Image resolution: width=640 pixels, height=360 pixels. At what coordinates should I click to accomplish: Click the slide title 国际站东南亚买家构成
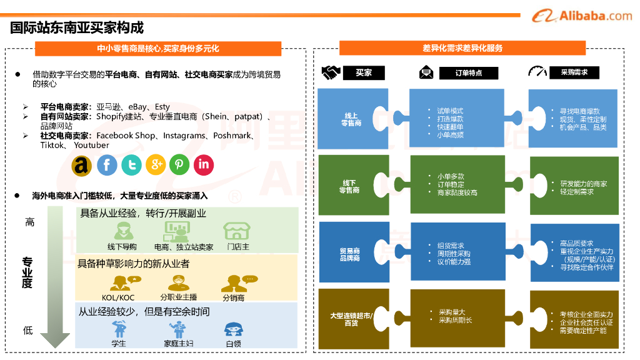tap(77, 27)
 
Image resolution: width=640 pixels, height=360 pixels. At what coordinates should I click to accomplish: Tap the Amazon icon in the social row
tap(82, 165)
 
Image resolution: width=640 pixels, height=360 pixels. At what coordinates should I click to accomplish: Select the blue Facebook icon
tap(107, 165)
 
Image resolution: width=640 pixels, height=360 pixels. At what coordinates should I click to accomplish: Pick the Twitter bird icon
tap(131, 165)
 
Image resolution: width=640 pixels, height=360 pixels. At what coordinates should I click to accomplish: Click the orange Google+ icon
tap(156, 165)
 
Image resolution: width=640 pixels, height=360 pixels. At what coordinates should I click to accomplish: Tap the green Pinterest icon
tap(179, 165)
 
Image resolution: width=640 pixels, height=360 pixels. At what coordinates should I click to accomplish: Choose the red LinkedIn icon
tap(204, 165)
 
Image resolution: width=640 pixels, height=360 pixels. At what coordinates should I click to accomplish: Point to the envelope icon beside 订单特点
tap(427, 72)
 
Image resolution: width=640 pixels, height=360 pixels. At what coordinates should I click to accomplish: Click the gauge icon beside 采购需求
tap(537, 72)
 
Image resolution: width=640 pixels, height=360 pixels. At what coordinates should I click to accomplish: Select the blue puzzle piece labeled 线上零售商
tap(351, 119)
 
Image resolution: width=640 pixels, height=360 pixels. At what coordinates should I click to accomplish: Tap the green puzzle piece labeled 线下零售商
tap(351, 186)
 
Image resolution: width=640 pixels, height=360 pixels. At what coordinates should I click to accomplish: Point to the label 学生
tap(118, 344)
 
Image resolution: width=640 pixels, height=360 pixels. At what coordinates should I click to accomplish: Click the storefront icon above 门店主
tap(237, 231)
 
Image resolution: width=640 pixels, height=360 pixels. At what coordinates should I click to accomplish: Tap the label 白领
tap(233, 344)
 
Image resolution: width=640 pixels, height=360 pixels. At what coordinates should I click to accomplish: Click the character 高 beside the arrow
tap(29, 222)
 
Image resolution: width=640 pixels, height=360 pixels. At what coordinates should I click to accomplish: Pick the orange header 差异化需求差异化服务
tap(462, 48)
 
